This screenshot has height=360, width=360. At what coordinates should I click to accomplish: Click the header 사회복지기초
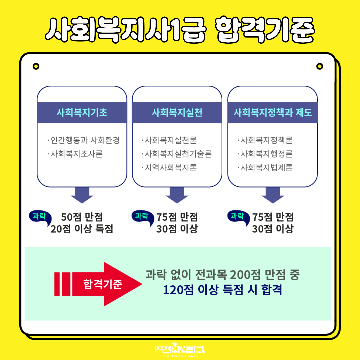82,113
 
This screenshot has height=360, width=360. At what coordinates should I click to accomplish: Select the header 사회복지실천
177,113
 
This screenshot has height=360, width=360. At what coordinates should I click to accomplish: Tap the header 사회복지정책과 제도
273,113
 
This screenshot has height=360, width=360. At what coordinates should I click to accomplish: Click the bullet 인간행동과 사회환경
83,140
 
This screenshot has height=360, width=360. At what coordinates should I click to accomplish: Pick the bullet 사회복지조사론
75,154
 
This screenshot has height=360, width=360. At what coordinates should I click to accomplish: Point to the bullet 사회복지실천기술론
176,154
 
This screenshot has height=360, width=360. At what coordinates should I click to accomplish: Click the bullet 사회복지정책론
265,140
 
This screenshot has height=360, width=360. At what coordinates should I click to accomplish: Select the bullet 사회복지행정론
265,154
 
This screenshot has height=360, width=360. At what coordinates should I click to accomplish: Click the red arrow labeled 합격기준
98,284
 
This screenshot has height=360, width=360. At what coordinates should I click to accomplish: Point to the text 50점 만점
82,217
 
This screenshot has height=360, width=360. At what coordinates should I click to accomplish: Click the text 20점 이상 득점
82,229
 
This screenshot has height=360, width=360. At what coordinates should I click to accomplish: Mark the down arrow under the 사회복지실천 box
177,195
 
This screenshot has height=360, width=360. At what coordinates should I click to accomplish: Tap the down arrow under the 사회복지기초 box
82,195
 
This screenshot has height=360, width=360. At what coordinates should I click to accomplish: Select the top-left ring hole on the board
36,66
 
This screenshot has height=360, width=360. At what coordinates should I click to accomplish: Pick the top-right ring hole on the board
320,66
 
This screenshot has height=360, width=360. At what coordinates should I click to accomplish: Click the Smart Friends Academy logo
180,350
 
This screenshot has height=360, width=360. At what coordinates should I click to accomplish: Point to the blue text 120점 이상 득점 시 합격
222,290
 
